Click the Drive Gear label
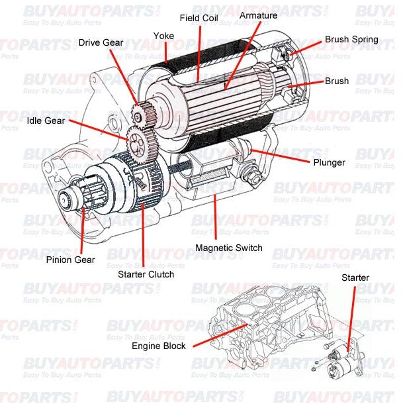point(101,42)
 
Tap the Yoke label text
point(163,35)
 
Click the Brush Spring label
point(351,39)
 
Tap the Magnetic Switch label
point(229,248)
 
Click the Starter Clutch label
point(146,274)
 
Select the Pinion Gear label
point(70,260)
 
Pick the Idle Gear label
point(46,121)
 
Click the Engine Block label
point(159,346)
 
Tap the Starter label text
point(355,278)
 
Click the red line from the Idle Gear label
point(99,128)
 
